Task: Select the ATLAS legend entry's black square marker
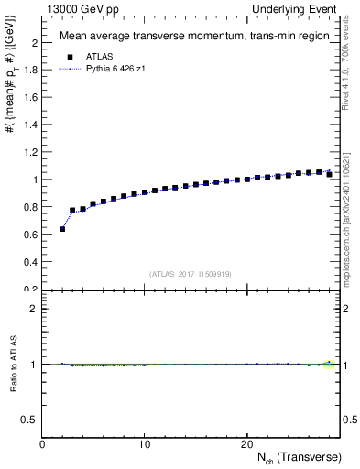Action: click(71, 55)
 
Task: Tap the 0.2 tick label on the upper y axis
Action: click(32, 289)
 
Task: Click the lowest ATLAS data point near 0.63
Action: click(62, 229)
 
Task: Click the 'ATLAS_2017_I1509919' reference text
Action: click(191, 274)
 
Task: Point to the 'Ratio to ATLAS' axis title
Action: click(13, 365)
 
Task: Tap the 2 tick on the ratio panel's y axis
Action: click(35, 309)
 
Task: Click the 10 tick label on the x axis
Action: click(144, 443)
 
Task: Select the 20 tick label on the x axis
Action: click(246, 443)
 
